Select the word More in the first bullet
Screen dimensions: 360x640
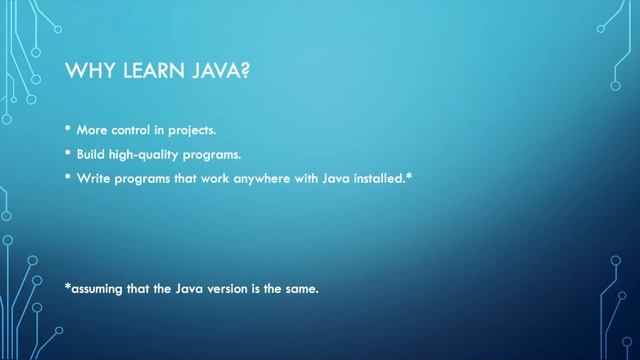pyautogui.click(x=91, y=132)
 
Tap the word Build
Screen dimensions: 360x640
pyautogui.click(x=91, y=155)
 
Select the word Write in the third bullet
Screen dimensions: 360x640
pyautogui.click(x=92, y=178)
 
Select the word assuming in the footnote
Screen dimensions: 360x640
pyautogui.click(x=99, y=290)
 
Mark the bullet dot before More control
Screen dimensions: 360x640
pyautogui.click(x=68, y=131)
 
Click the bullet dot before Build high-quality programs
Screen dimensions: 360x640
pyautogui.click(x=68, y=154)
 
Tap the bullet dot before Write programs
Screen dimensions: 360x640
pyautogui.click(x=68, y=177)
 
